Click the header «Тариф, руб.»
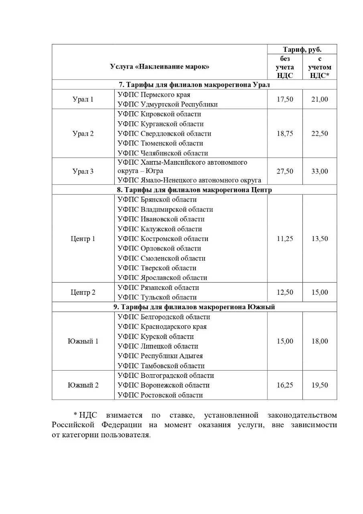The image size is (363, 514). click(302, 50)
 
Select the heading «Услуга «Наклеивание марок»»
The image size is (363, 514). click(160, 67)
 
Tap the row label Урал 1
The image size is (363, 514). click(83, 99)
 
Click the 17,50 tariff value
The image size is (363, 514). click(285, 99)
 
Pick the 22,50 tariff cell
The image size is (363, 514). click(320, 134)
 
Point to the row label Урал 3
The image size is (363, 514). click(83, 171)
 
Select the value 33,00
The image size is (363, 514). click(320, 171)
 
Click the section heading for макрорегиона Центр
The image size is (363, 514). click(194, 190)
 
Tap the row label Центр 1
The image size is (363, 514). click(83, 239)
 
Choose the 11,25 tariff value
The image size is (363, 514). click(285, 239)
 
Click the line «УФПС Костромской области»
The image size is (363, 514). click(163, 239)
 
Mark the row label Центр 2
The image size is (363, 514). click(83, 292)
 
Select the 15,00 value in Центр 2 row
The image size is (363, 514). click(320, 292)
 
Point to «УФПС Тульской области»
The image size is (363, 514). click(157, 298)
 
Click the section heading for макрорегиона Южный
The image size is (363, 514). click(194, 307)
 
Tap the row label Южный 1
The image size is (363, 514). click(83, 341)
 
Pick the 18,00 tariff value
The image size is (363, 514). click(320, 341)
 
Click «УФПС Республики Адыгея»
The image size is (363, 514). click(160, 356)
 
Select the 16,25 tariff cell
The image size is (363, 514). click(285, 385)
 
